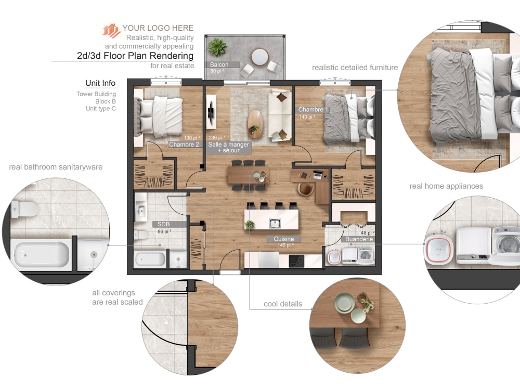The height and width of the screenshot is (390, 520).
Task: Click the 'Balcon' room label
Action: (219, 65)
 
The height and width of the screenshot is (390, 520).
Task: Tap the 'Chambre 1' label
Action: (313, 110)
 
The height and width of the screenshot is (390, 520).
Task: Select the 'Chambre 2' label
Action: (185, 145)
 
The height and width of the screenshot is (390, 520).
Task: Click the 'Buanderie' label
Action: (358, 239)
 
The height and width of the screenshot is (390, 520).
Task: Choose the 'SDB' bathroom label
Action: (164, 224)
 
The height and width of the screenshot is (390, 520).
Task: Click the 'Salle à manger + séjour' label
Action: (229, 147)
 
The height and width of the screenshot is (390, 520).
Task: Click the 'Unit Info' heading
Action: (101, 83)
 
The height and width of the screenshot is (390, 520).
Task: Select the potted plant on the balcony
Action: (218, 47)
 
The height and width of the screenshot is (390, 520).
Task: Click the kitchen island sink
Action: (275, 224)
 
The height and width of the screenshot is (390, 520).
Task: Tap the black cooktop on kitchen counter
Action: (297, 261)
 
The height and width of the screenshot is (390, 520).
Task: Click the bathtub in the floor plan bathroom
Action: (150, 258)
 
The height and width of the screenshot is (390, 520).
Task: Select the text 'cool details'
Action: (282, 304)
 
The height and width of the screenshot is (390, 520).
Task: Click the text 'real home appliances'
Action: (446, 186)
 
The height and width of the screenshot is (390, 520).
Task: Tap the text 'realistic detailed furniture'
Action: (355, 67)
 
